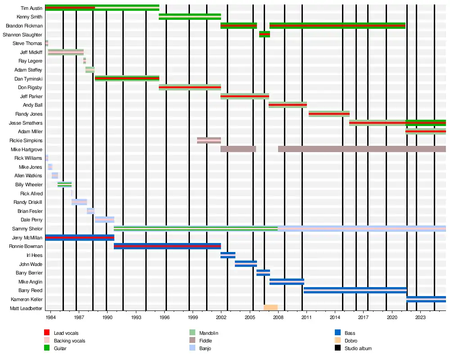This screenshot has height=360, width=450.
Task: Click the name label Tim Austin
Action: pyautogui.click(x=31, y=8)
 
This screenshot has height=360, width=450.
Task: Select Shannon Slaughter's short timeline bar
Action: pyautogui.click(x=265, y=34)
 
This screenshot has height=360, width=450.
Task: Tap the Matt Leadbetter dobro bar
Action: pyautogui.click(x=270, y=308)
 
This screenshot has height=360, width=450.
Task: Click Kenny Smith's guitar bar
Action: pyautogui.click(x=190, y=17)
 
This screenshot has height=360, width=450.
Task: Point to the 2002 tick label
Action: pyautogui.click(x=221, y=317)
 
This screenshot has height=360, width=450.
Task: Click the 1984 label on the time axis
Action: pyautogui.click(x=50, y=317)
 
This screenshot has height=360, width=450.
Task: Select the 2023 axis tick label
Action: pyautogui.click(x=420, y=317)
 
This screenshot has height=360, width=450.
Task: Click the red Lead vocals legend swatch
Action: pyautogui.click(x=47, y=333)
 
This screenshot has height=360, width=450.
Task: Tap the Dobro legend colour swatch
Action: pyautogui.click(x=337, y=341)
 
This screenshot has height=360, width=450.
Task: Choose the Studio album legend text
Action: pyautogui.click(x=358, y=348)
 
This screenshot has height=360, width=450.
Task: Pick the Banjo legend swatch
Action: pyautogui.click(x=192, y=348)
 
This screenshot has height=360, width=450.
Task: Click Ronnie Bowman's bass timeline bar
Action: pyautogui.click(x=167, y=246)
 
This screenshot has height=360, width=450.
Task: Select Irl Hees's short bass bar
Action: pyautogui.click(x=228, y=255)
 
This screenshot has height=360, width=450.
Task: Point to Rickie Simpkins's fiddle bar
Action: pyautogui.click(x=209, y=140)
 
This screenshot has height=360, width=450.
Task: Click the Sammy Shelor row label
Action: pyautogui.click(x=27, y=229)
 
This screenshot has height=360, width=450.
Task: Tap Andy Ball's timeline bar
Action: pyautogui.click(x=288, y=105)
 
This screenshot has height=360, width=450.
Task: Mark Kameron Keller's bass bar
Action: pyautogui.click(x=426, y=299)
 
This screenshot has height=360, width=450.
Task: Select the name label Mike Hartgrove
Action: pyautogui.click(x=27, y=149)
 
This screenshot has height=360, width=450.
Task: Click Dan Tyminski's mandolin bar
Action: pyautogui.click(x=127, y=78)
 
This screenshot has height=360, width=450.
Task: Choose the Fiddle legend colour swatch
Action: pyautogui.click(x=192, y=341)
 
